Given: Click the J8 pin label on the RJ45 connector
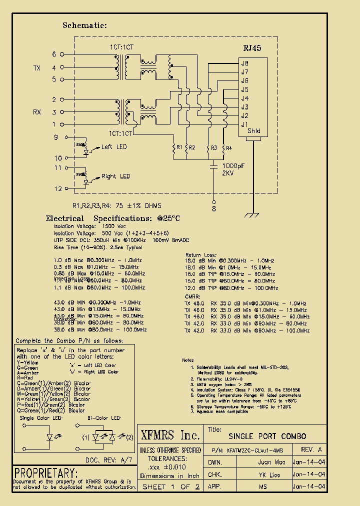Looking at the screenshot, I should [x=244, y=63].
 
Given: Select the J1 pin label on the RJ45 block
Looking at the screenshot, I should [x=244, y=124].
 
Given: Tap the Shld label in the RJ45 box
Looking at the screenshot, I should [x=254, y=131].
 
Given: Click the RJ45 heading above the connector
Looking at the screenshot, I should [x=252, y=48].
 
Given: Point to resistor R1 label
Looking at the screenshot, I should [x=179, y=148].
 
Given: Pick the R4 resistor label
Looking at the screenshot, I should [x=229, y=148].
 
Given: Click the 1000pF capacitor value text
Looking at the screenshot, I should [x=234, y=165].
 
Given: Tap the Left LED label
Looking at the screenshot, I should [x=114, y=147].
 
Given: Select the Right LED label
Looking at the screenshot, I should [x=115, y=176].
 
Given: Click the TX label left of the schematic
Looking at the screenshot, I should [x=37, y=67].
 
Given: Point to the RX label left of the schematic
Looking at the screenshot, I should [x=37, y=112].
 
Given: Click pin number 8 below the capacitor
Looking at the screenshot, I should [x=214, y=209].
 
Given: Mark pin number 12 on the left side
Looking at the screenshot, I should [x=58, y=188].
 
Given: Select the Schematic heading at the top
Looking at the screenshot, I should [x=84, y=25].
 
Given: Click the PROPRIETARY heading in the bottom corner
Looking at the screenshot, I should [x=46, y=473].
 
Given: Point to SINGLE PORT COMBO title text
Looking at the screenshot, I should [x=267, y=436].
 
